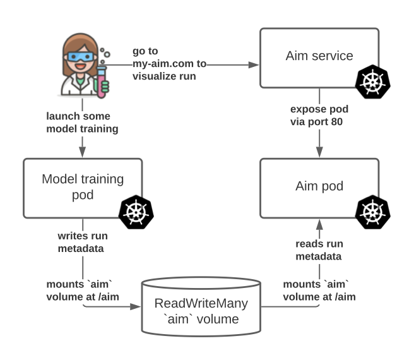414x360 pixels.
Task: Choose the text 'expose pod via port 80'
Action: point(319,116)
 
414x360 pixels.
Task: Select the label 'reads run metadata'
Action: point(319,249)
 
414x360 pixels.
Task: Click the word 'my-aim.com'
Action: point(160,64)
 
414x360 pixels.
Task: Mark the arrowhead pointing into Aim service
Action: point(256,64)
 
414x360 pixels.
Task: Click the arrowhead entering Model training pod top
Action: point(83,152)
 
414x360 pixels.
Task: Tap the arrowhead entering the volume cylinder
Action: point(136,308)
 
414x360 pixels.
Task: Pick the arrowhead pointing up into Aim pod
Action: point(319,221)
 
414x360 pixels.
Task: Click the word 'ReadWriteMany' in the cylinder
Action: point(201,303)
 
